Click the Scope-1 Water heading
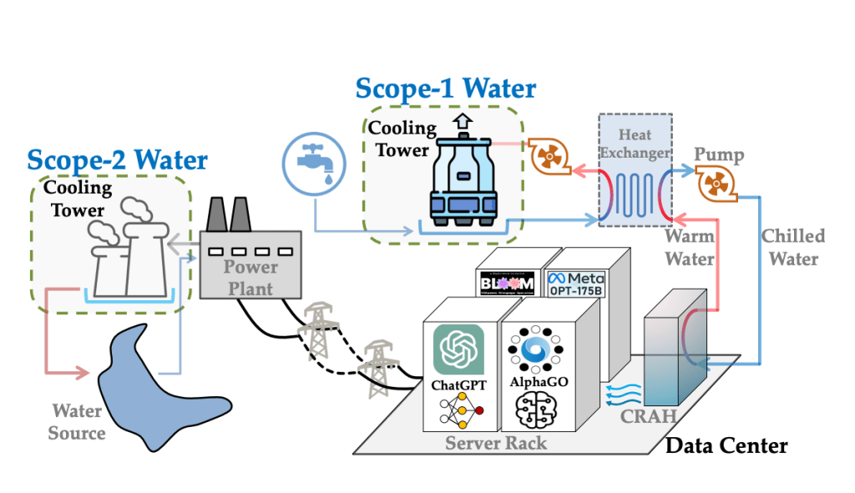tap(445, 88)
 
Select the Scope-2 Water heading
tap(117, 158)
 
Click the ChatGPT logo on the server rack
tap(458, 350)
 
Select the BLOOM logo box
tap(508, 283)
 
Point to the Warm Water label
tap(689, 249)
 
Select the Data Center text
tap(726, 446)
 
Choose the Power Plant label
tap(250, 277)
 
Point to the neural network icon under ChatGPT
tap(458, 410)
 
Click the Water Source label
tap(77, 421)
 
